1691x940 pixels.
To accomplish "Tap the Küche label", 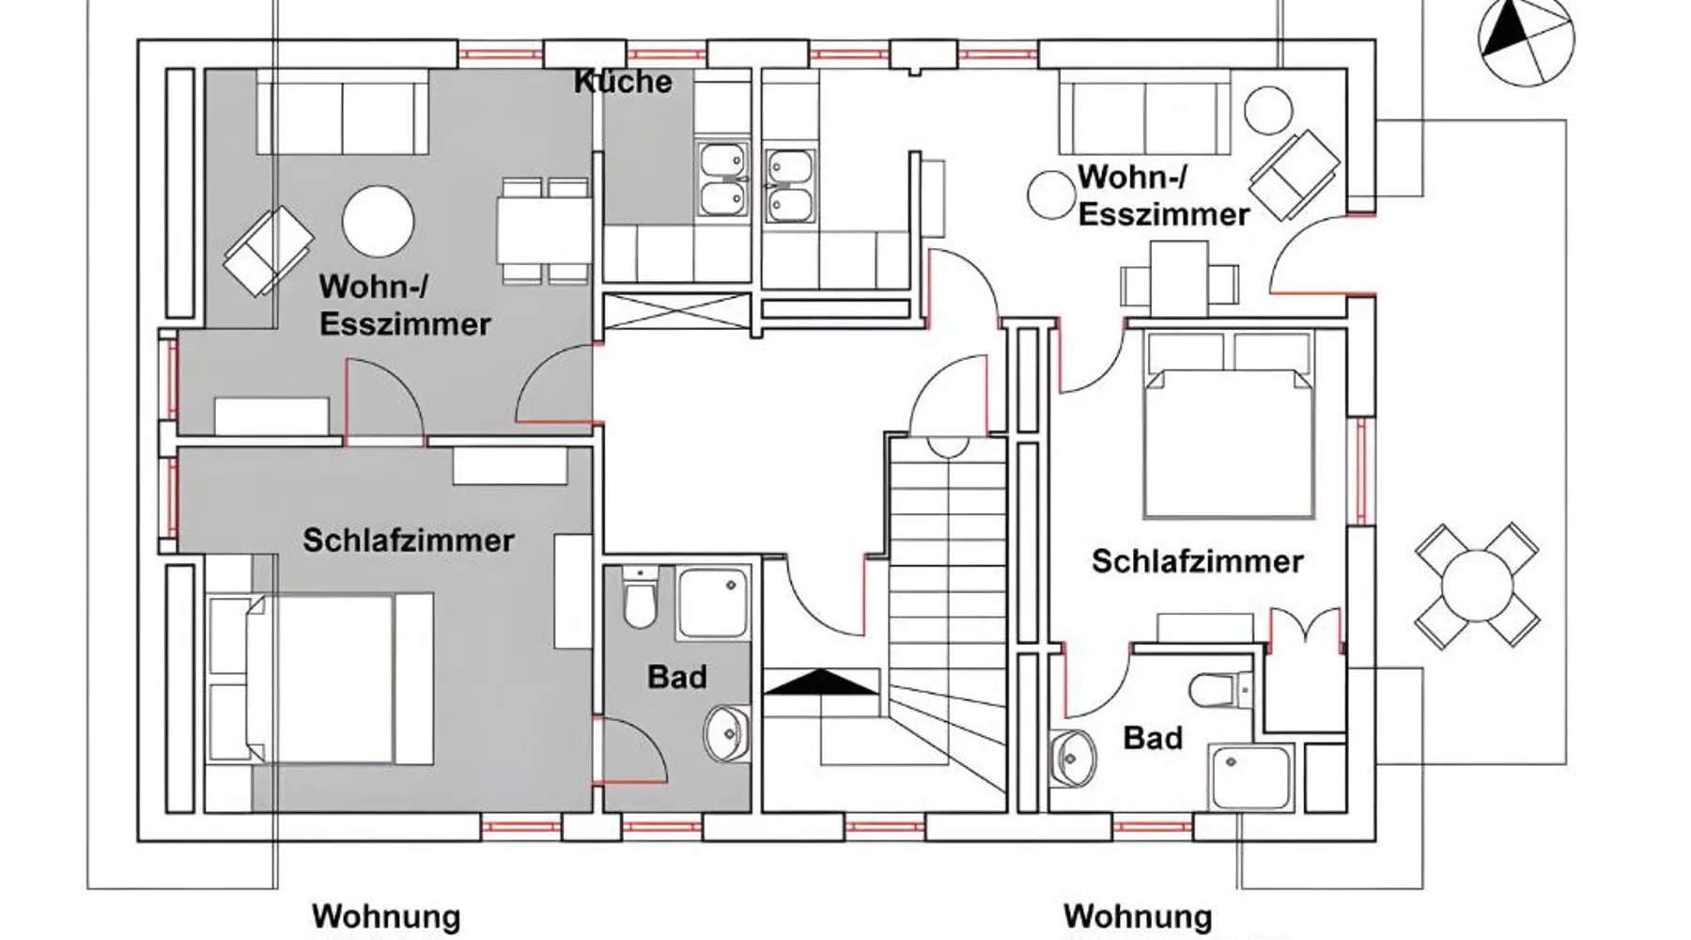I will click(x=623, y=82).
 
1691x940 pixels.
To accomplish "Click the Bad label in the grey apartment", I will click(x=676, y=677).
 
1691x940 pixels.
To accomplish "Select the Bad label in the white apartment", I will click(x=1153, y=738).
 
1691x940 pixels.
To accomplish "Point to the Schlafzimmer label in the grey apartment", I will click(x=408, y=540).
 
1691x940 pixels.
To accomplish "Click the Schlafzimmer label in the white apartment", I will click(x=1197, y=561).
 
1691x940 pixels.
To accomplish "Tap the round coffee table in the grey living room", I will click(x=378, y=222).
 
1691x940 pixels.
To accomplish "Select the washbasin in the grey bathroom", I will click(x=724, y=733).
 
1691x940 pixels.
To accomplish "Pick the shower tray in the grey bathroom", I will click(x=713, y=603).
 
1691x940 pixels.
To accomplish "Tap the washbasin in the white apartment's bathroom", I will click(x=1072, y=756).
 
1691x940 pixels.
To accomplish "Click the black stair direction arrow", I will click(x=820, y=681).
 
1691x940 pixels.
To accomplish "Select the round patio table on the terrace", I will click(x=1476, y=586).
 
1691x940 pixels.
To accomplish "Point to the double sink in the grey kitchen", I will click(x=722, y=180).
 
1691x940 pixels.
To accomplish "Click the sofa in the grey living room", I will click(x=342, y=117).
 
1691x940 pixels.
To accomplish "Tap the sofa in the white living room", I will click(x=1144, y=117).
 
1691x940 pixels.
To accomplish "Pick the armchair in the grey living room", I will click(x=268, y=250).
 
